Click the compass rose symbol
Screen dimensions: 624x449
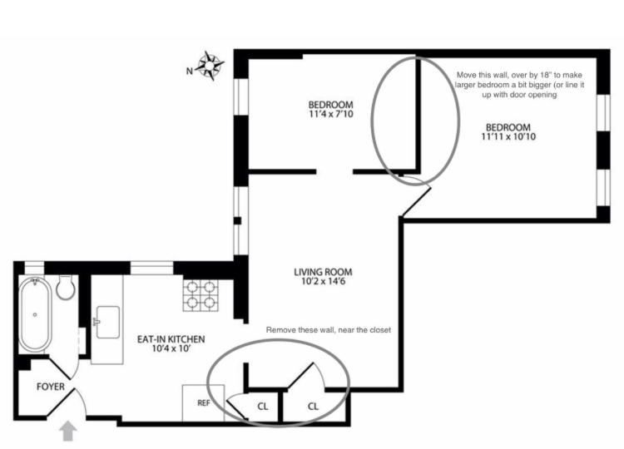pyautogui.click(x=210, y=65)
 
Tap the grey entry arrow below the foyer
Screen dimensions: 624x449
pyautogui.click(x=68, y=431)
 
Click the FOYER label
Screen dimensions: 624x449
pyautogui.click(x=51, y=387)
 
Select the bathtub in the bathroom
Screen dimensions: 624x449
pyautogui.click(x=36, y=314)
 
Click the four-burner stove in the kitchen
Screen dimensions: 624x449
pyautogui.click(x=201, y=295)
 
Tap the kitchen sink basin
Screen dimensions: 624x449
pyautogui.click(x=108, y=322)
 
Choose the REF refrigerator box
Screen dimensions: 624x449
pyautogui.click(x=203, y=403)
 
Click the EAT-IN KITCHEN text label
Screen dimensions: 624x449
pyautogui.click(x=171, y=339)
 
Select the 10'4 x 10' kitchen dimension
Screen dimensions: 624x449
pyautogui.click(x=172, y=349)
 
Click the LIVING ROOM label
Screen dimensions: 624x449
pyautogui.click(x=323, y=273)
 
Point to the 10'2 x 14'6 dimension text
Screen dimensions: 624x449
pyautogui.click(x=323, y=282)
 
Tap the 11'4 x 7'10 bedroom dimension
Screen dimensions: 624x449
pyautogui.click(x=330, y=115)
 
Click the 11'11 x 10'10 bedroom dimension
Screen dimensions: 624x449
pyautogui.click(x=508, y=137)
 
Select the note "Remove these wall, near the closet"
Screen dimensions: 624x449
pyautogui.click(x=329, y=330)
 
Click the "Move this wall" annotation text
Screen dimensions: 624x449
pyautogui.click(x=519, y=85)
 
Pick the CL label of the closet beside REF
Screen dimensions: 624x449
pyautogui.click(x=263, y=407)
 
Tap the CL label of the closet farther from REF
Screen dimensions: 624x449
pyautogui.click(x=313, y=407)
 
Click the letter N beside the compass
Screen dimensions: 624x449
pyautogui.click(x=190, y=72)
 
